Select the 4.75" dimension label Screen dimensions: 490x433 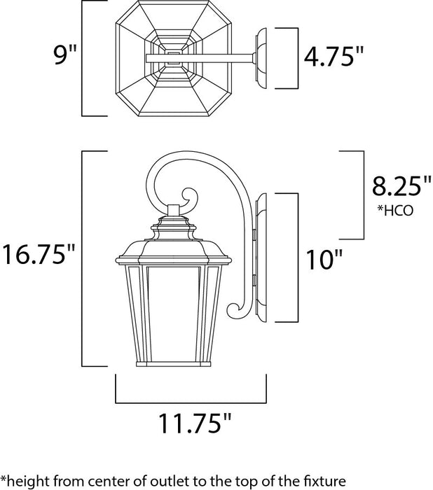(334, 57)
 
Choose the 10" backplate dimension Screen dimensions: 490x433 (324, 259)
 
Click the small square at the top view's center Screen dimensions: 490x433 (175, 58)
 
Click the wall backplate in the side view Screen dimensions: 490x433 (262, 258)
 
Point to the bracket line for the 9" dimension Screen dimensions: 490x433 (84, 58)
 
